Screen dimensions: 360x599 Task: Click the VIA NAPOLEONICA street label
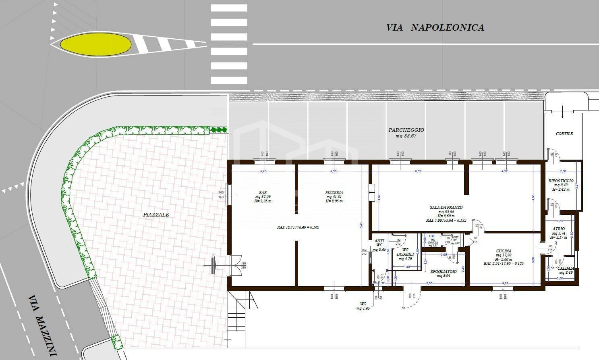435,27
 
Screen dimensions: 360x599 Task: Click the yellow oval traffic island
96,44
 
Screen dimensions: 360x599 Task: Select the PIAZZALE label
156,214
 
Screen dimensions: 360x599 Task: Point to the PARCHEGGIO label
406,130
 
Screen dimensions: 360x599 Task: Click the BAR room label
263,192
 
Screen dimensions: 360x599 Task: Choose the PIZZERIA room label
334,192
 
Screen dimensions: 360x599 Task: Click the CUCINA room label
504,251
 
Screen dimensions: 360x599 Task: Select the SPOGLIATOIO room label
444,272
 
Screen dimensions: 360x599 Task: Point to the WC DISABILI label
405,252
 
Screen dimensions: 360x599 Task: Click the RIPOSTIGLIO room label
561,181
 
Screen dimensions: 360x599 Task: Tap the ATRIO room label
558,229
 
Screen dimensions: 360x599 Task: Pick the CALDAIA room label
566,268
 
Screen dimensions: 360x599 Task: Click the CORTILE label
564,133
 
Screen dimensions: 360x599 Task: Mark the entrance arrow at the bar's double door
214,265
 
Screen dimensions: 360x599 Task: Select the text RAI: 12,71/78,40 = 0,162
298,227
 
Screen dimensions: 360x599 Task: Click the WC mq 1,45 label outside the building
363,306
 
